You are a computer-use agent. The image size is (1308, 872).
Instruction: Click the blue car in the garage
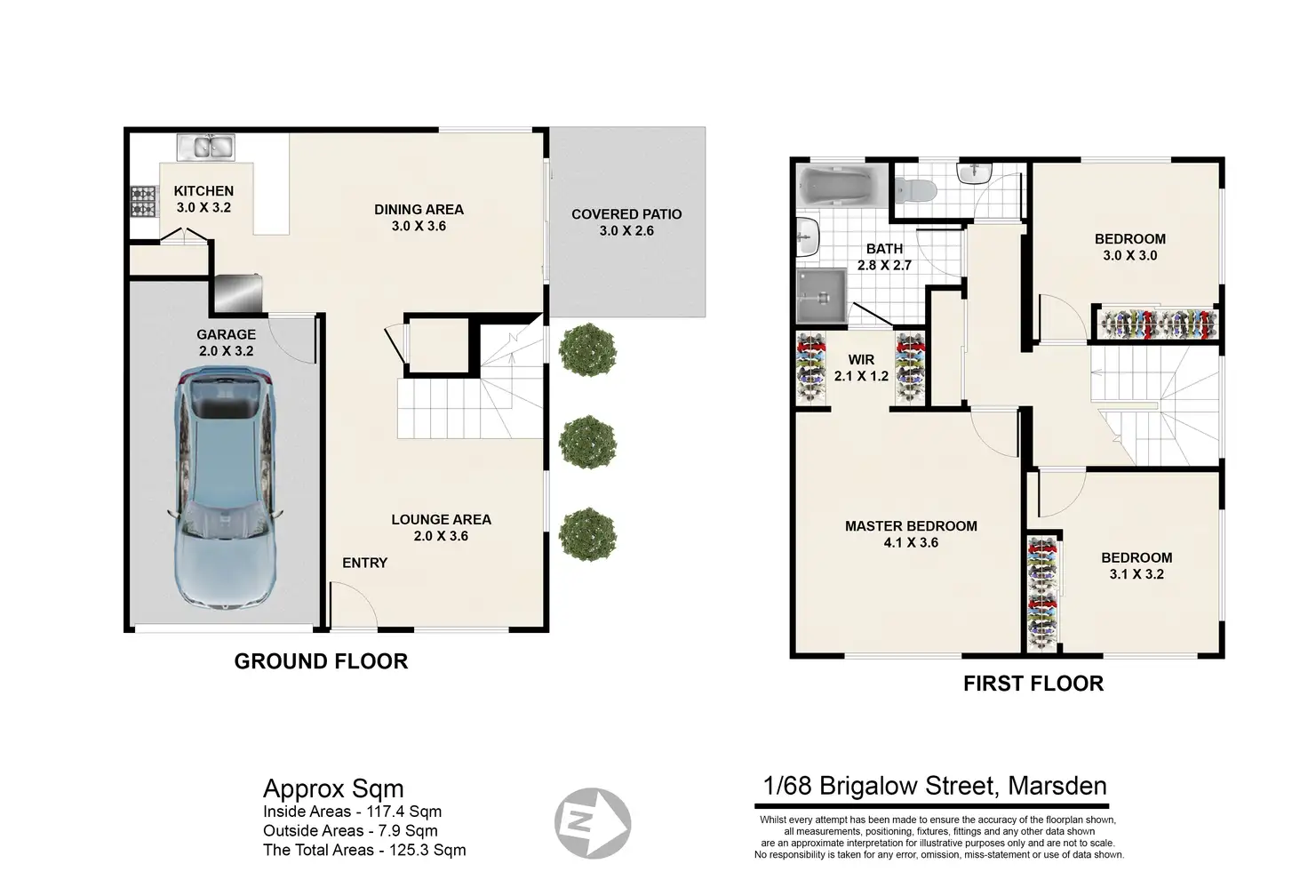(226, 488)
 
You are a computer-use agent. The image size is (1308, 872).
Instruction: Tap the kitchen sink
(205, 147)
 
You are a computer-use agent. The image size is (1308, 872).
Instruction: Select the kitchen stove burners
(144, 202)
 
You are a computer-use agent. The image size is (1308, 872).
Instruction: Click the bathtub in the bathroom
(841, 185)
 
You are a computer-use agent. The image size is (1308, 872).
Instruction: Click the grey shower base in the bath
(821, 296)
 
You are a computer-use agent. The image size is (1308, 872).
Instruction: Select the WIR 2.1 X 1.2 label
(861, 368)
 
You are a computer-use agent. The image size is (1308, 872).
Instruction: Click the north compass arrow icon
(592, 823)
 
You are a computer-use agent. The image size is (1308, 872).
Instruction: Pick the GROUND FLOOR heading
(321, 661)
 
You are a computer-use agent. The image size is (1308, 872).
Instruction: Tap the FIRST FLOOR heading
(1033, 684)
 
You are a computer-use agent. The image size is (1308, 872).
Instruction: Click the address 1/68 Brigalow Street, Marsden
(935, 786)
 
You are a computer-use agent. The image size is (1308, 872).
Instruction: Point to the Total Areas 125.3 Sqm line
(364, 850)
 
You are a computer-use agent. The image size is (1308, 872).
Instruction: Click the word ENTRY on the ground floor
(365, 563)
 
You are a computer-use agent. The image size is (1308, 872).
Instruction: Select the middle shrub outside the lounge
(587, 442)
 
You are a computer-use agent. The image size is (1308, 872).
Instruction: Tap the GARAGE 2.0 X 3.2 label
(226, 343)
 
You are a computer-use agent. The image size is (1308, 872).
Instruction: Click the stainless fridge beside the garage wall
(238, 293)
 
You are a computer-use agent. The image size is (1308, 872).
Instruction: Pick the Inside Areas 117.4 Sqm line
(352, 812)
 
